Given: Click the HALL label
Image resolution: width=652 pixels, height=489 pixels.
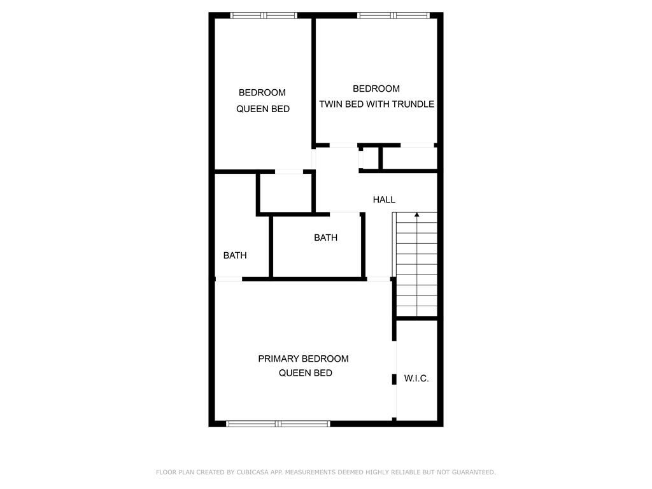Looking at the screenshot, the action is coord(384,199).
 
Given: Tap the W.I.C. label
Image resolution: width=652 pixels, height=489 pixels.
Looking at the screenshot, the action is coord(416,378).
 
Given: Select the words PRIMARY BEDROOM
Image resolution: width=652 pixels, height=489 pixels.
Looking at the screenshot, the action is coord(303,358).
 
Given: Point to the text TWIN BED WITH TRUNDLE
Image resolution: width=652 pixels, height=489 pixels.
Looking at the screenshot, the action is coord(377,104).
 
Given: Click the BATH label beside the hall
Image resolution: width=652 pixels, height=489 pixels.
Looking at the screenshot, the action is coord(325,237).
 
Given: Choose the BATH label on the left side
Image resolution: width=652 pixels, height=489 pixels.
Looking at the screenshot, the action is coord(235,255).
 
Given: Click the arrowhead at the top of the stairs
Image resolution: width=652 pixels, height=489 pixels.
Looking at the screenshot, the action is coord(416,215).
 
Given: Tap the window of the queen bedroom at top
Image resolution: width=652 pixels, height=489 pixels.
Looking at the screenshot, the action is coord(264,15).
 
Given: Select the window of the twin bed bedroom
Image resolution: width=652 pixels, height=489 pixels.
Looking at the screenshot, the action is coord(393,15).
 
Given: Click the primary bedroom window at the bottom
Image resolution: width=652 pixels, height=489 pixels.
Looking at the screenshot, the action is coord(278,423).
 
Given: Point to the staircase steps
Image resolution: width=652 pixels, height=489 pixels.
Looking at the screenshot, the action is coord(416,264).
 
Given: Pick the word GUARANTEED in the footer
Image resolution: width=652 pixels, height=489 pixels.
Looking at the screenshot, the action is coord(474,472).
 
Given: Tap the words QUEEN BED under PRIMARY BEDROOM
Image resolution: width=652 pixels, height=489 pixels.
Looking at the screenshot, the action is coord(305,373).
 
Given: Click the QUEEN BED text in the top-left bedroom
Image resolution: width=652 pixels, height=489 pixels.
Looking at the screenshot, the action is coord(263,109).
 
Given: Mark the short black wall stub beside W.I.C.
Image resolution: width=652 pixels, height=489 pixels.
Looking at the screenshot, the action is coord(394,379).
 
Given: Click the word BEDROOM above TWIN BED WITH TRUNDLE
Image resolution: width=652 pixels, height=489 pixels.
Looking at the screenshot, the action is coord(376,89).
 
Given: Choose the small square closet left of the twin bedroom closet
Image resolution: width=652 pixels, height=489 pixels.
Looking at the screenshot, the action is coord(370,158).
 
